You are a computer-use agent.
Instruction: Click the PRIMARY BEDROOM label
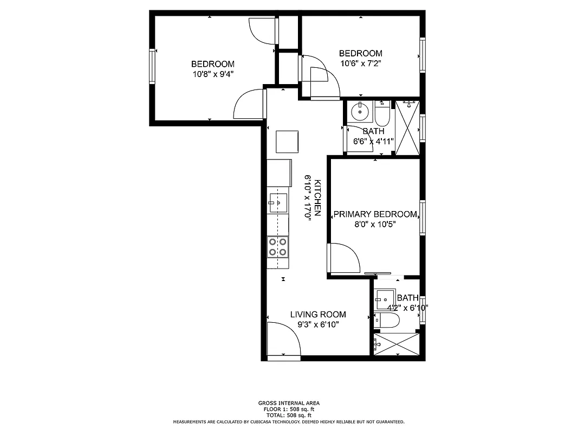point(375,214)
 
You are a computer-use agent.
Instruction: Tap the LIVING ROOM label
point(318,314)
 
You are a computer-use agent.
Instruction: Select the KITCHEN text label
point(318,199)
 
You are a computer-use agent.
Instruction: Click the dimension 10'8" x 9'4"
point(213,74)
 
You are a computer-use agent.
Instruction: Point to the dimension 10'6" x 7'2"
point(360,63)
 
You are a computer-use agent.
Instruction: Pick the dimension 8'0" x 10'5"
point(375,224)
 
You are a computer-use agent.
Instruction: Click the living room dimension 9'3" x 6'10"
point(318,324)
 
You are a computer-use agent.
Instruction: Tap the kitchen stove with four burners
point(278,247)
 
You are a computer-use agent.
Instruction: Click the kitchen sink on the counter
point(277,202)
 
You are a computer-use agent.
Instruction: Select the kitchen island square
point(287,142)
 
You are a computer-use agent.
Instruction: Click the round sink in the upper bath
point(359,112)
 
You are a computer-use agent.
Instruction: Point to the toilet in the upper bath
point(382,114)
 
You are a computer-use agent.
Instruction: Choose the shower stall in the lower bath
point(397,344)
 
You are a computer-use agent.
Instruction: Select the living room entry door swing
point(283,340)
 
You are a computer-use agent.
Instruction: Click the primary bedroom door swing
point(343,259)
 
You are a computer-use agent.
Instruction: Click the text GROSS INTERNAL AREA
point(289,403)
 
